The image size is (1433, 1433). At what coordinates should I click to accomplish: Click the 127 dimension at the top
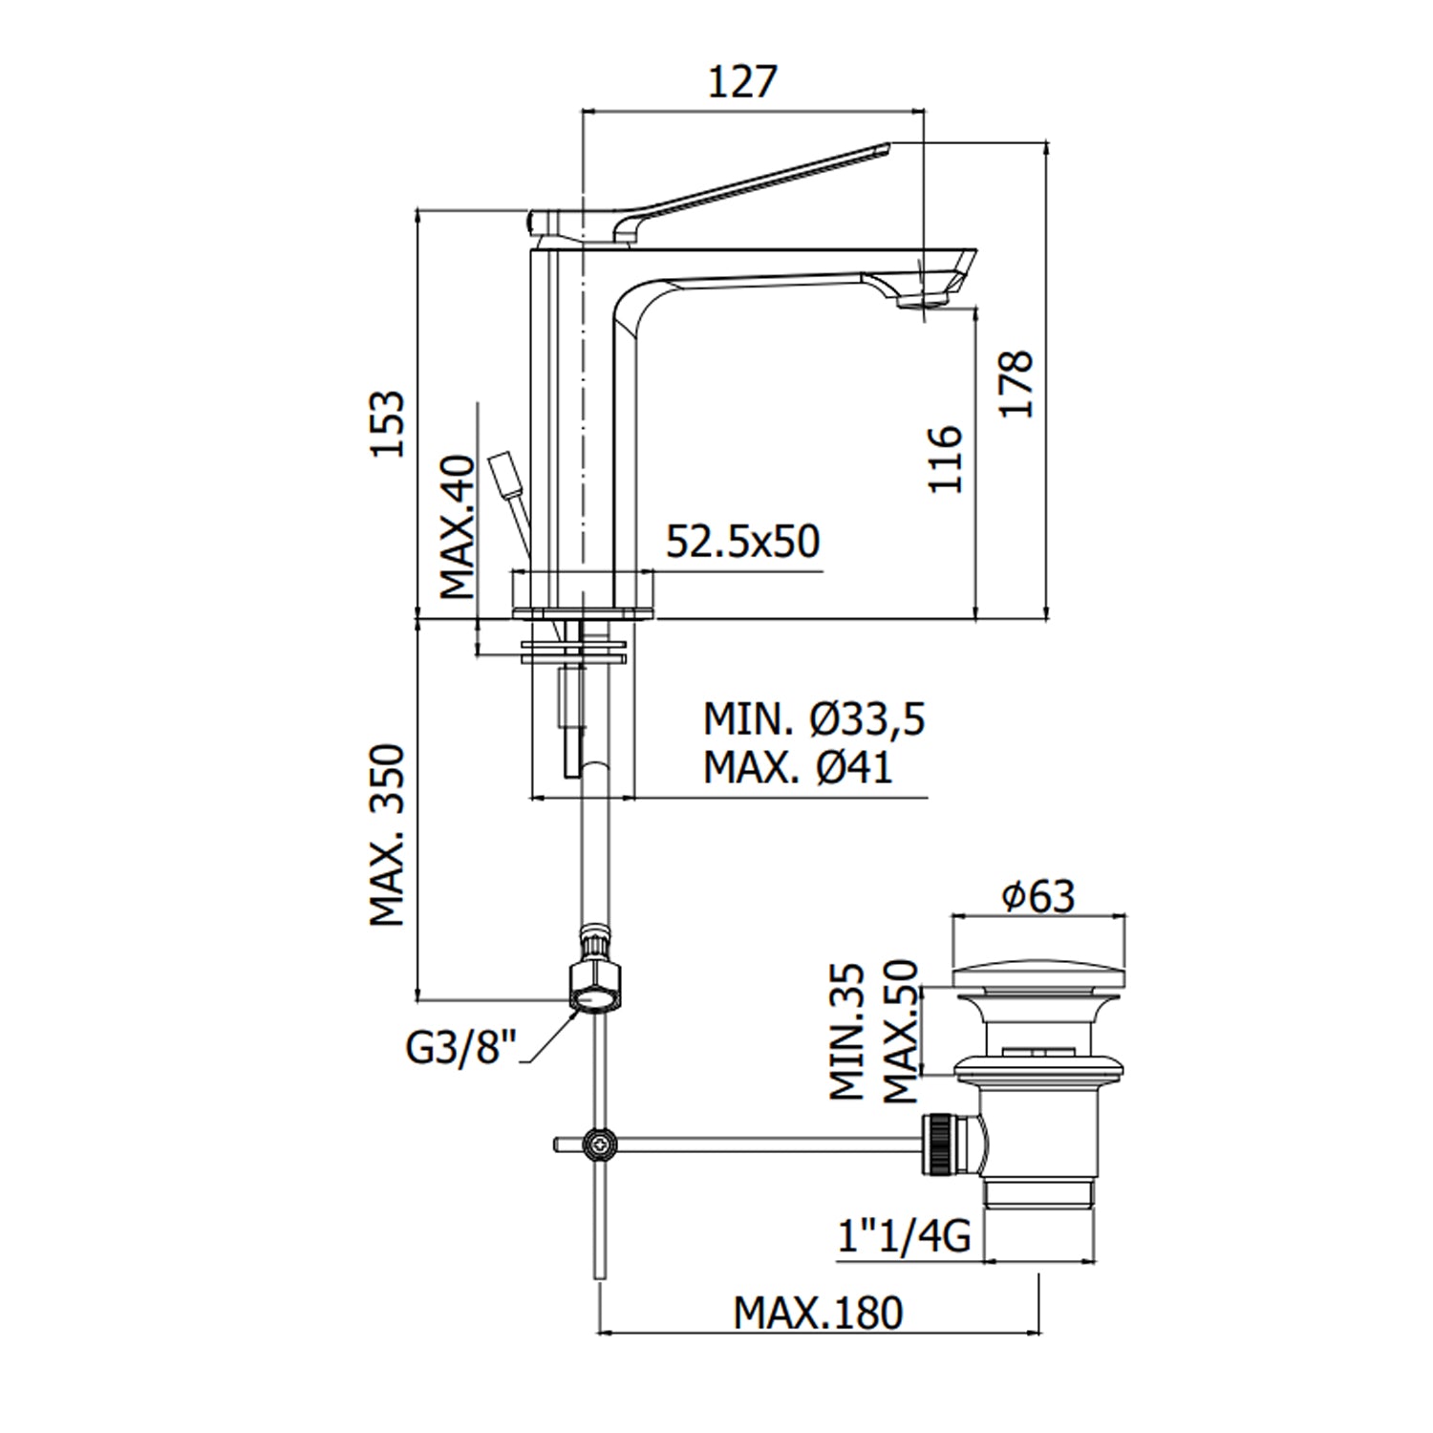tap(742, 82)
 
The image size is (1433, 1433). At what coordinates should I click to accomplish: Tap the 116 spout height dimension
tap(945, 459)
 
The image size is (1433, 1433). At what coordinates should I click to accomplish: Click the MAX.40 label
tap(458, 527)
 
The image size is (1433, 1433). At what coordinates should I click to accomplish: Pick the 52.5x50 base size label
tap(742, 542)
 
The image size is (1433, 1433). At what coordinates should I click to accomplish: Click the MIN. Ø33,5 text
tap(814, 719)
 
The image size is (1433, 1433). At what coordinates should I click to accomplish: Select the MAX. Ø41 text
tap(798, 766)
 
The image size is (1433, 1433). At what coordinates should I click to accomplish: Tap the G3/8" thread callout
tap(460, 1049)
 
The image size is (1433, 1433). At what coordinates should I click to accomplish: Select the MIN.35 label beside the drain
tap(846, 1032)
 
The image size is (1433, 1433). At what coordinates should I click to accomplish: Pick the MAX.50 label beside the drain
tap(899, 1032)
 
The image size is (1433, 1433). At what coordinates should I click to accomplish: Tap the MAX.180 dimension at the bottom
tap(817, 1314)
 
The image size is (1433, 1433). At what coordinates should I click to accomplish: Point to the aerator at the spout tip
tap(919, 302)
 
